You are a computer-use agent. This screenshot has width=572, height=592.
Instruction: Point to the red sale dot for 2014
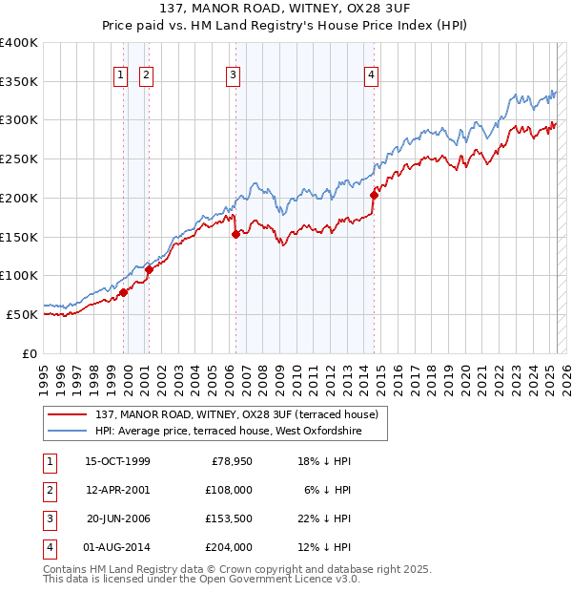(x=374, y=195)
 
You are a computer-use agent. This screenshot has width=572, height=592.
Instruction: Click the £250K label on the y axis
(x=19, y=159)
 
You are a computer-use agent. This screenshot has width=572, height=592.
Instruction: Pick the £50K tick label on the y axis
(x=23, y=314)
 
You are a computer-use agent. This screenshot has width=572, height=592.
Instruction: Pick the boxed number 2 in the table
(x=49, y=490)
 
